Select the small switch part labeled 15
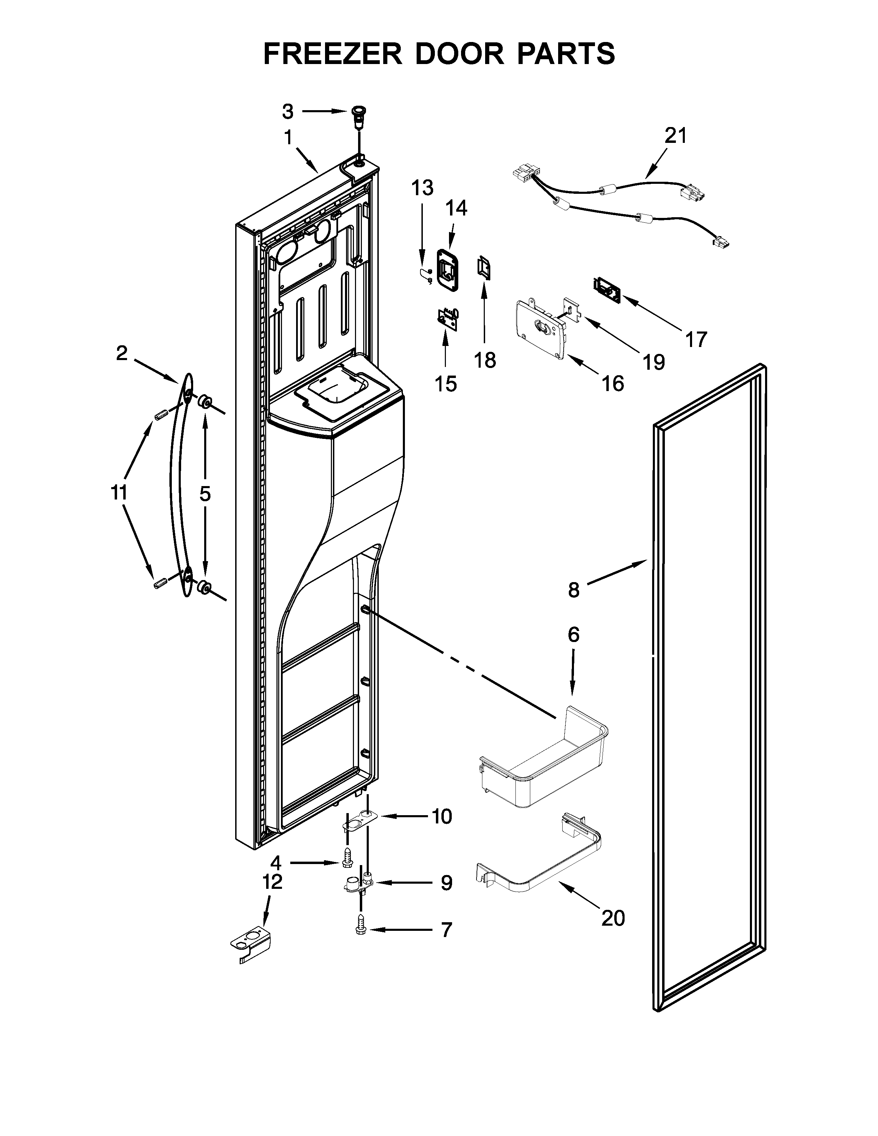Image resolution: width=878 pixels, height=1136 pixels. (x=447, y=318)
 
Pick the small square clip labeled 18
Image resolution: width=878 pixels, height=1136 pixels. (x=484, y=267)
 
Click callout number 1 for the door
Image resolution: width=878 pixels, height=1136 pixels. (x=288, y=138)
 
